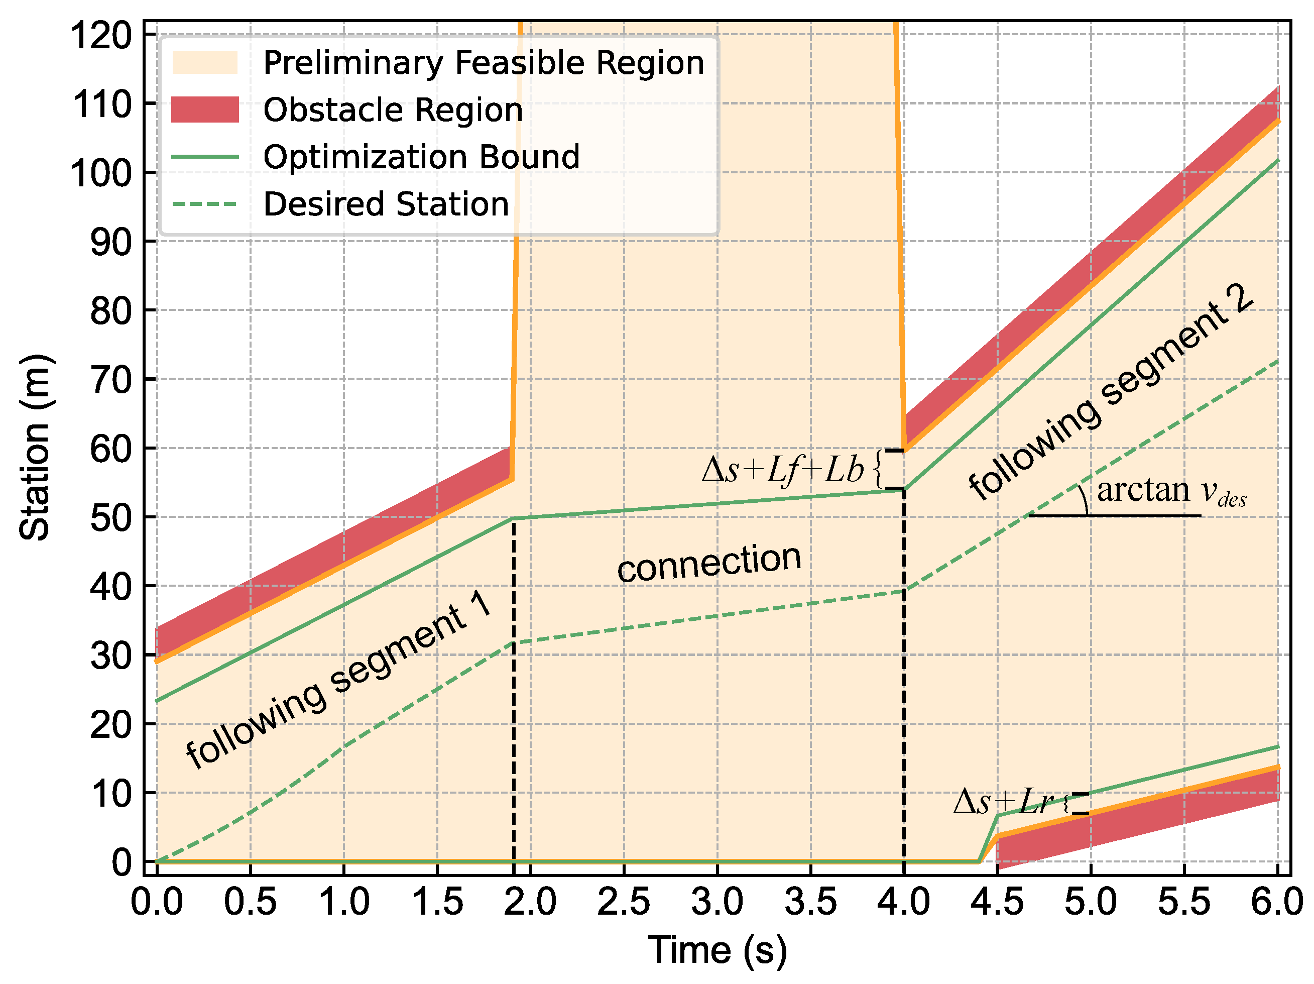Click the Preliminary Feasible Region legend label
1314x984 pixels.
[x=483, y=62]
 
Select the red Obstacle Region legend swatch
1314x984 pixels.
[x=205, y=110]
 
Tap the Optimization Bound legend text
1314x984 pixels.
[x=421, y=157]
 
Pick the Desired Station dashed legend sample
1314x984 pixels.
[x=205, y=204]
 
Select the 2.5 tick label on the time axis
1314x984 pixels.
[x=624, y=902]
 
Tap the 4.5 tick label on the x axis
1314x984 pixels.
[x=997, y=902]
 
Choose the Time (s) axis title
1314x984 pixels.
[x=717, y=949]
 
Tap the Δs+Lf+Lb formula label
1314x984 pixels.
[x=783, y=470]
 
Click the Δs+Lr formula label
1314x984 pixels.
[x=1003, y=802]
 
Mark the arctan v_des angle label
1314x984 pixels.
[x=1170, y=492]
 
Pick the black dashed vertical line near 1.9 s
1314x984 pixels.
[x=513, y=683]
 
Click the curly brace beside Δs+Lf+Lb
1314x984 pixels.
[x=878, y=470]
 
